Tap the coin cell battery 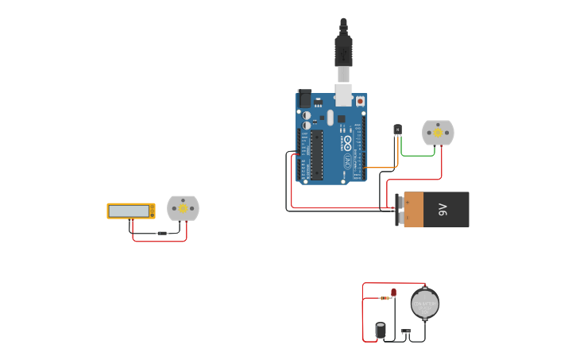425,303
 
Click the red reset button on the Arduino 360,101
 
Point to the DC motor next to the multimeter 183,208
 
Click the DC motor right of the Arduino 438,133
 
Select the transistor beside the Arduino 397,130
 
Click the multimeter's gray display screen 130,211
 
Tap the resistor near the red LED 386,298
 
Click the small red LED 393,292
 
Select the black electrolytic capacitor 381,330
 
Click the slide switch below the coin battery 406,331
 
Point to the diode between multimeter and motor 163,233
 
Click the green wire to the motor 417,156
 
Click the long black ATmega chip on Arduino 316,155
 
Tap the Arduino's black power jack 304,99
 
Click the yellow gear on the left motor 183,208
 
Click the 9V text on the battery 443,210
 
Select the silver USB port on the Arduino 343,95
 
